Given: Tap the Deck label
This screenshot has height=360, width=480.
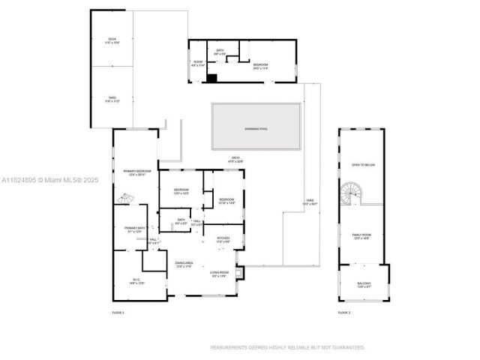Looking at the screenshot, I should (112, 40).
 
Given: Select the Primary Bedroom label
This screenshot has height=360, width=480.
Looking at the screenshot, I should (137, 172).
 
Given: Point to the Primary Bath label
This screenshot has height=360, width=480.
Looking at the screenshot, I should (134, 229).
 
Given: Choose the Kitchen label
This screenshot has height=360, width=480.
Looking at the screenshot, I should (223, 241).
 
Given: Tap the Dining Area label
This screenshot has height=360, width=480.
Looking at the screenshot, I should (184, 264).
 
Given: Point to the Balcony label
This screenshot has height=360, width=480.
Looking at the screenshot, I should (364, 285).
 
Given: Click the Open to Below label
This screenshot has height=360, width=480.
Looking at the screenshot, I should (362, 165).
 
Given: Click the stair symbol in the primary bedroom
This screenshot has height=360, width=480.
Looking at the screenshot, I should (125, 199).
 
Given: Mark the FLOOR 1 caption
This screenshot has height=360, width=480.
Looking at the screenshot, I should (118, 312).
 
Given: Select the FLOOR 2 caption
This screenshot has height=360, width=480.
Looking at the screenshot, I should (344, 312).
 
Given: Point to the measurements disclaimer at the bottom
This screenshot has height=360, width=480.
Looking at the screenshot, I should (287, 347).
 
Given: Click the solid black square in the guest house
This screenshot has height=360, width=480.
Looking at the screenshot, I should (212, 77).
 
